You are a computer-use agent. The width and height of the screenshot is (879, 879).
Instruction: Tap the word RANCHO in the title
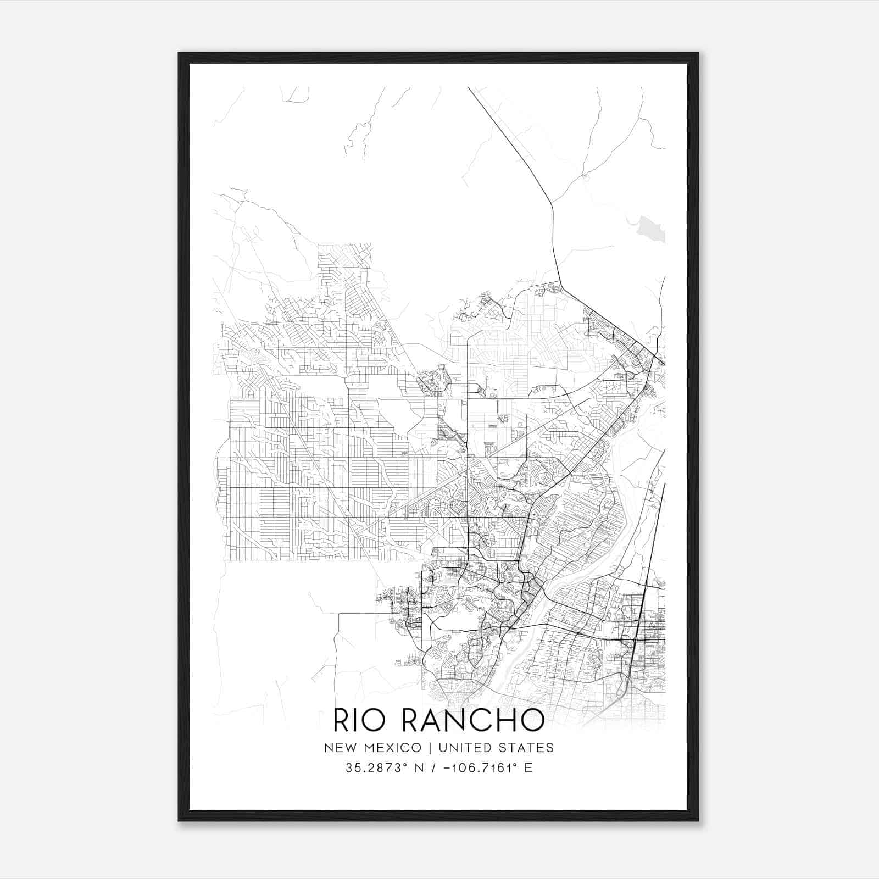click(x=474, y=720)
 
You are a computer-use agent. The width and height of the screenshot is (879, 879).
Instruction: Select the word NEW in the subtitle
click(x=338, y=748)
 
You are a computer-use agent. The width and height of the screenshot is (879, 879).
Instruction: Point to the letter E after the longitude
click(x=528, y=768)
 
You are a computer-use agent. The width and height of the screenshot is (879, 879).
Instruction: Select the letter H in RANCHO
click(x=508, y=720)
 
